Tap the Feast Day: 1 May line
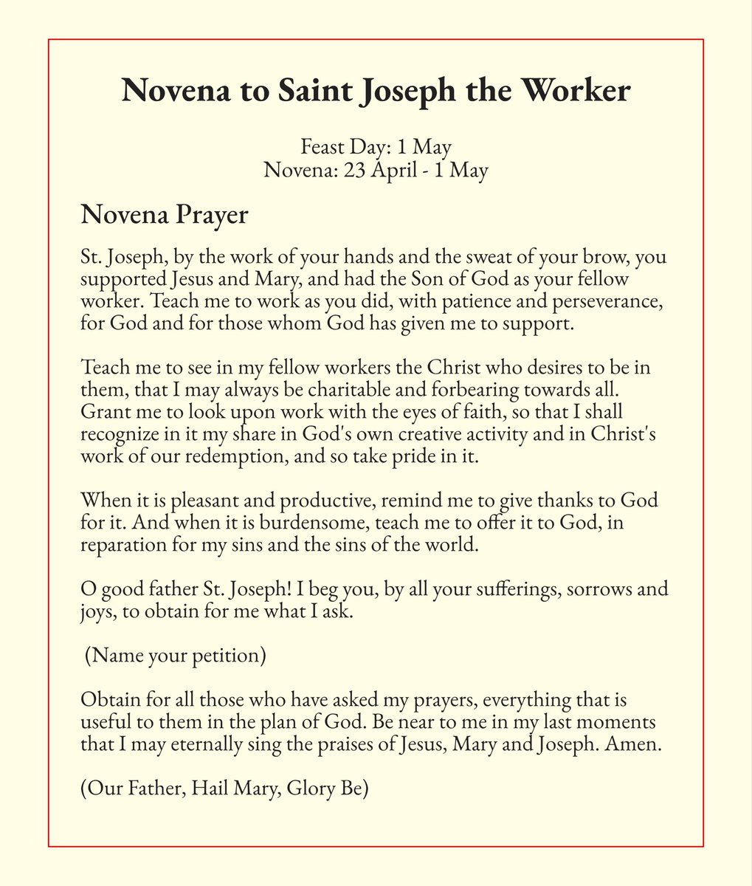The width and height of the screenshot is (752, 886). tap(376, 147)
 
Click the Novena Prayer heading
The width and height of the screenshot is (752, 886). tap(164, 216)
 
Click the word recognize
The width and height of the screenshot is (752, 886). tap(117, 433)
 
